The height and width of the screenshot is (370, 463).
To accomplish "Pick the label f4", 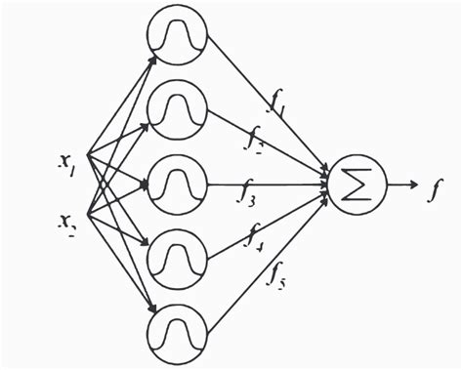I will [x=257, y=234].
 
